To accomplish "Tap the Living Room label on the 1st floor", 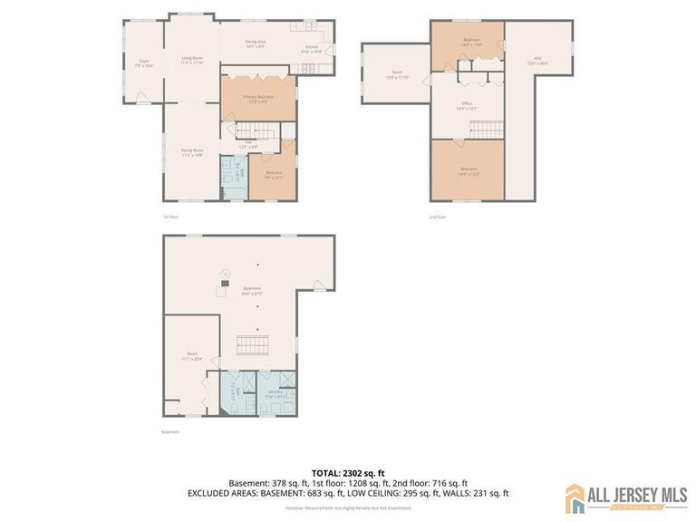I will (191, 61).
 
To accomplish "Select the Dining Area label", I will (256, 43).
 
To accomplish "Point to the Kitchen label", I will (312, 49).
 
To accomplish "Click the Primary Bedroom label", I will (258, 99).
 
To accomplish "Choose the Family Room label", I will (191, 152).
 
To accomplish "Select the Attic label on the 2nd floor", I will (537, 62).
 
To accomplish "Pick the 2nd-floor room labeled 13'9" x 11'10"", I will (396, 74).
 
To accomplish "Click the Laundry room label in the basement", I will (275, 394).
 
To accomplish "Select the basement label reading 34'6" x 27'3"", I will (251, 291).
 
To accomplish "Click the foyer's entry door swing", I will (143, 96).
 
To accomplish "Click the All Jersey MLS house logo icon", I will (575, 498).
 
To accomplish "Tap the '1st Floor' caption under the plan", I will (169, 217).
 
